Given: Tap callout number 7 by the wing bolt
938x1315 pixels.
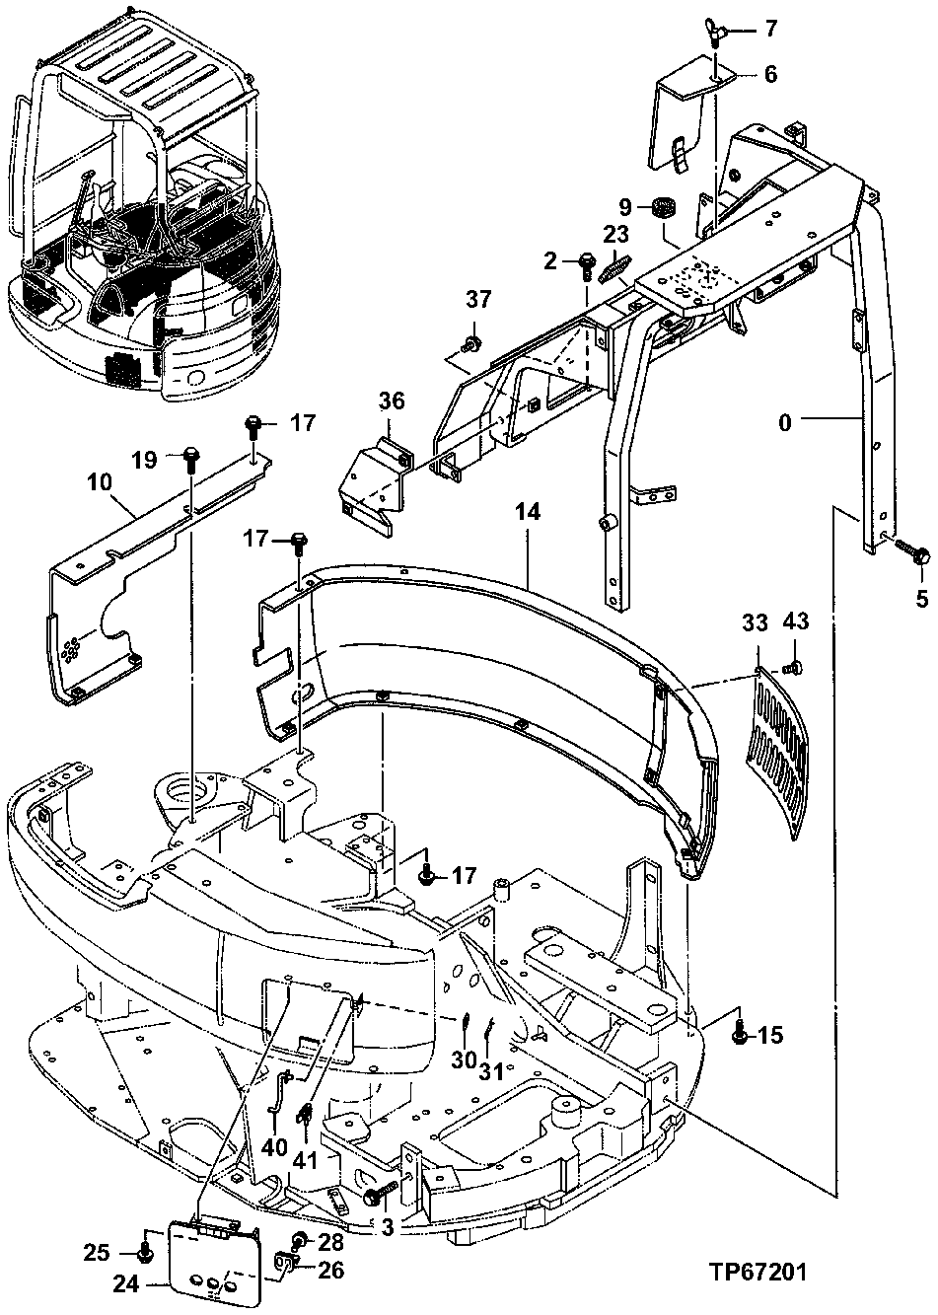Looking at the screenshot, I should tap(769, 30).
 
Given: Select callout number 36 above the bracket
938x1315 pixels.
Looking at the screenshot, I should tap(392, 402).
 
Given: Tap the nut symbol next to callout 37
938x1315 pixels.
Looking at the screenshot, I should tap(472, 343).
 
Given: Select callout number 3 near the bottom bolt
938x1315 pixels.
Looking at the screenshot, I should tap(387, 1226).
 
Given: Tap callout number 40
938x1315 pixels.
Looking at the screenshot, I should tap(275, 1147).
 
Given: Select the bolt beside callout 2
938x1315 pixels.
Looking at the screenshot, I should tap(585, 262).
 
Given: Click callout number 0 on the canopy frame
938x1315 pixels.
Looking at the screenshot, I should tap(784, 423).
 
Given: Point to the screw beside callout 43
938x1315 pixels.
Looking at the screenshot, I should tap(797, 667).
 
